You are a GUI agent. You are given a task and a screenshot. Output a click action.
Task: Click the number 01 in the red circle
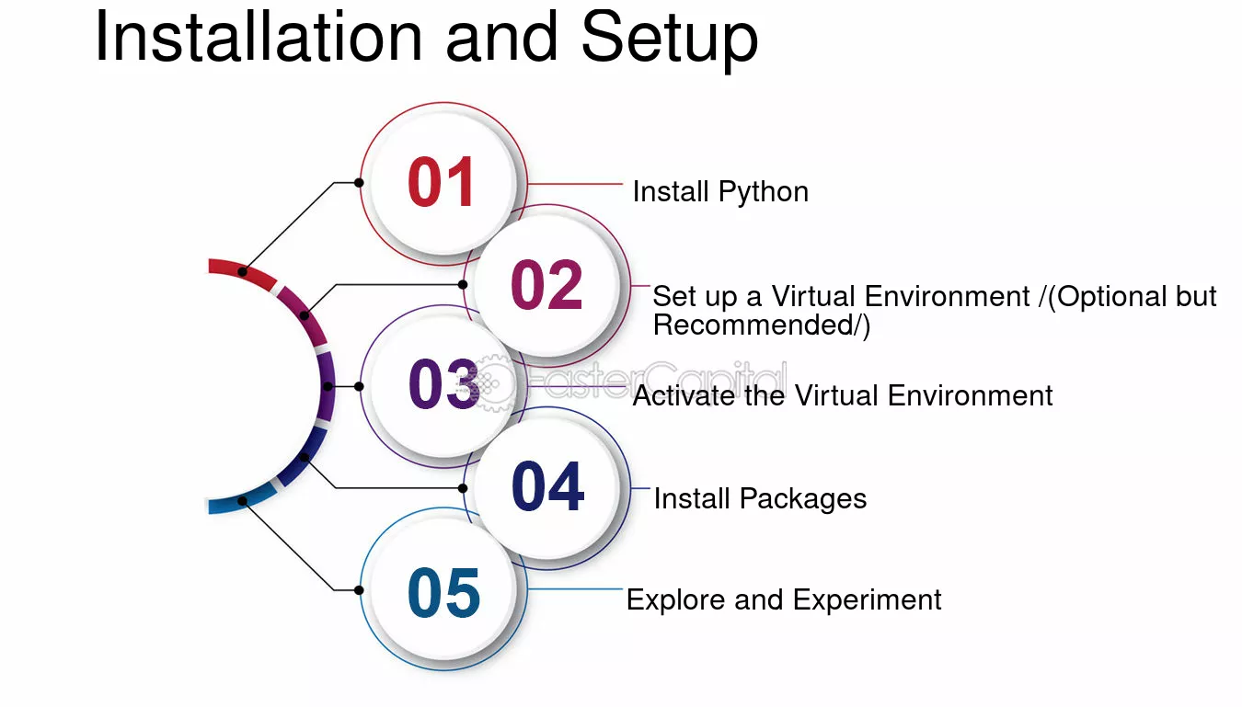(x=442, y=182)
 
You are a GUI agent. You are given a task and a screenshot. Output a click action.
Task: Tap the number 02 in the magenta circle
(x=546, y=285)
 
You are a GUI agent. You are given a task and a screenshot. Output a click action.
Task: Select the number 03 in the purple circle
(x=443, y=384)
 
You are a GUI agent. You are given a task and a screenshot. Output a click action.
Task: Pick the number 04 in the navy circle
(x=547, y=486)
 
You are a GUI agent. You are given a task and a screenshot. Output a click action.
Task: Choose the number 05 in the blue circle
(x=443, y=592)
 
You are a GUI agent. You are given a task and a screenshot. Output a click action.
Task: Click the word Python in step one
(x=764, y=193)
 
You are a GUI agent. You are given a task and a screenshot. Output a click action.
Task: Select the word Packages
(x=803, y=499)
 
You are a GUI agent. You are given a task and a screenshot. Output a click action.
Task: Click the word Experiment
(x=867, y=600)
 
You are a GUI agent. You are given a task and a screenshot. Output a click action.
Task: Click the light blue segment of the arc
(x=243, y=500)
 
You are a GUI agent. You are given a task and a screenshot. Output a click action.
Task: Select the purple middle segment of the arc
(x=327, y=386)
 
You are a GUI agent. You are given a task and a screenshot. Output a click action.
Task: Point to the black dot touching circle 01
(x=359, y=182)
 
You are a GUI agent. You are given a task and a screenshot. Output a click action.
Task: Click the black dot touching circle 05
(x=359, y=590)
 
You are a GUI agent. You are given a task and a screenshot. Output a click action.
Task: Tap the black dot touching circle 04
(x=463, y=488)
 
